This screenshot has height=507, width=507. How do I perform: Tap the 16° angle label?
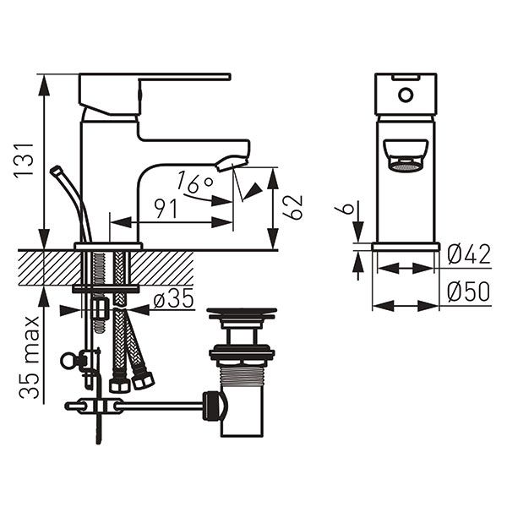click(x=196, y=181)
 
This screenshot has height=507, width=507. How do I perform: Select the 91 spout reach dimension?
click(x=166, y=209)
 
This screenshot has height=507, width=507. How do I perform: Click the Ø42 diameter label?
click(x=468, y=253)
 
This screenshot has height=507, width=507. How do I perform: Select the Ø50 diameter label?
click(x=468, y=292)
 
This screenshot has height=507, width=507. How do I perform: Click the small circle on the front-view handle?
click(x=406, y=93)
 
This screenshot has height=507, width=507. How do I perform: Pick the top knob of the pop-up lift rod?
click(x=57, y=170)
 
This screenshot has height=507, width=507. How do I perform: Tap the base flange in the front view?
click(x=406, y=247)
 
